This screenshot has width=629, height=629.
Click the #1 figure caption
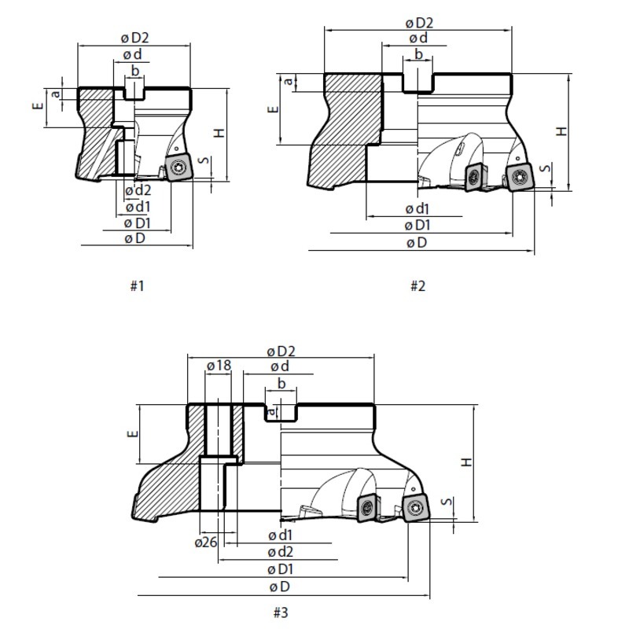pos(137,286)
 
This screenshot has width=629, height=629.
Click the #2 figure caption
pos(417,286)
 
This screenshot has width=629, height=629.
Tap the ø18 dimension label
pos(219,366)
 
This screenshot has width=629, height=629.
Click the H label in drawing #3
pos(468,463)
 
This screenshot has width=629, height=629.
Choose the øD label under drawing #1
pos(134,238)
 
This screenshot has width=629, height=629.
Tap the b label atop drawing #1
pos(136,72)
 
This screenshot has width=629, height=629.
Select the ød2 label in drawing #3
pos(281,552)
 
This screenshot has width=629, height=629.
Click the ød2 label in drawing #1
pos(138,189)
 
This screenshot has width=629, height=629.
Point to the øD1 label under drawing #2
pos(417,226)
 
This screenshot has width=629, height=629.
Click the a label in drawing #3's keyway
pos(272,410)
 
